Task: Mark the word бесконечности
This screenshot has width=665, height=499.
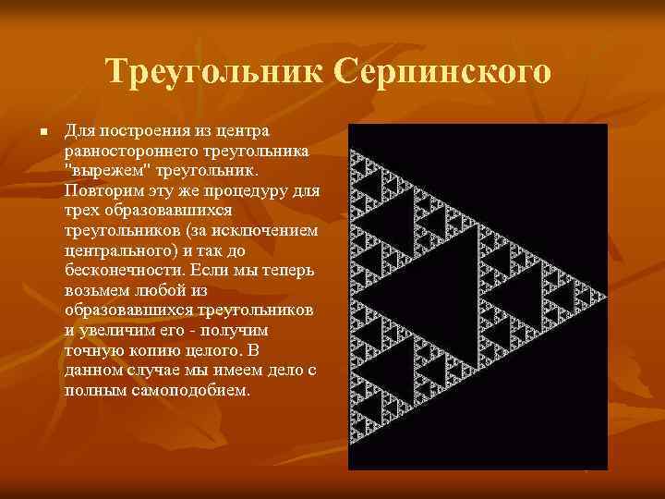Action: click(127, 270)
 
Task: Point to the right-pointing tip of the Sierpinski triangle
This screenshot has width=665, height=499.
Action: click(605, 296)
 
